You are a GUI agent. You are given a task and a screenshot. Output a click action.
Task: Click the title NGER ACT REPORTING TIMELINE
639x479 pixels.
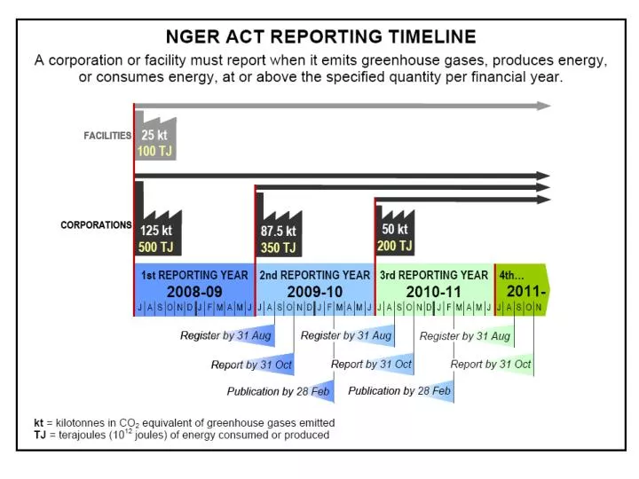[x=320, y=37]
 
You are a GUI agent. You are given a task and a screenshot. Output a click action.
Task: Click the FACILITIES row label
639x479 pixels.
[x=107, y=136]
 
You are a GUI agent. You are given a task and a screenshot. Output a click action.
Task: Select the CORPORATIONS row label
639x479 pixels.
[x=96, y=225]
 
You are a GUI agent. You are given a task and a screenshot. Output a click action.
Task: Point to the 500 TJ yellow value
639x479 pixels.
[x=155, y=247]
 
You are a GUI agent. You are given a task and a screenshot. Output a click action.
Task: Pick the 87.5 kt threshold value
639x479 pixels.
[x=278, y=232]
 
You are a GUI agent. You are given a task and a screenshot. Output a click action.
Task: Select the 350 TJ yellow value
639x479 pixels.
[x=278, y=248]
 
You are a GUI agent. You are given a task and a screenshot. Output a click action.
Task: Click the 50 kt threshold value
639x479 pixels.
[x=395, y=230]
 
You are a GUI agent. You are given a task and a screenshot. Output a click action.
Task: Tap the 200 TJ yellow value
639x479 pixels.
[x=395, y=246]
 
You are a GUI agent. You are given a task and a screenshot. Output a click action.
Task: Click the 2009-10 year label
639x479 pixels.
[x=314, y=291]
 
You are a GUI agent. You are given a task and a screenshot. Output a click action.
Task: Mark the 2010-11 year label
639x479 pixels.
[x=434, y=291]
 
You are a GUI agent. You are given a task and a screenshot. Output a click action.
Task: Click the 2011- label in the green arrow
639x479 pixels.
[x=525, y=291]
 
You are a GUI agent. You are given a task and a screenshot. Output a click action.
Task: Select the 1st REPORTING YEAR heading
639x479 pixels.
[x=194, y=275]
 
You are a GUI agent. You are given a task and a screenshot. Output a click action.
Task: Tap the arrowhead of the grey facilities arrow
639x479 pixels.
[x=542, y=106]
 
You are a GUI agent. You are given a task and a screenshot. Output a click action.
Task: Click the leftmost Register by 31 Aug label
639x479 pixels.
[x=225, y=336]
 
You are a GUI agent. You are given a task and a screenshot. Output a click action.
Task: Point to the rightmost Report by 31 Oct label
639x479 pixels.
[x=491, y=365]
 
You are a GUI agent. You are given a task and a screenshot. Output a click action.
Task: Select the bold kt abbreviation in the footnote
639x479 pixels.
[x=39, y=422]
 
